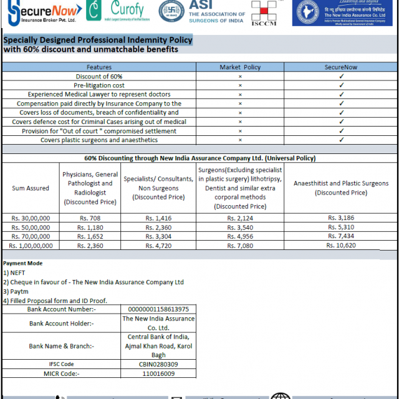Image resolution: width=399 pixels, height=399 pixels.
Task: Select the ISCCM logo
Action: click(264, 14)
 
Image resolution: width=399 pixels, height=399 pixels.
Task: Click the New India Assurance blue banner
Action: click(342, 12)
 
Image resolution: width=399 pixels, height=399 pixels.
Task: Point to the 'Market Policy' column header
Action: click(240, 67)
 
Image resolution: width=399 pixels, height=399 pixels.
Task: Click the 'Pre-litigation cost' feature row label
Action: click(99, 85)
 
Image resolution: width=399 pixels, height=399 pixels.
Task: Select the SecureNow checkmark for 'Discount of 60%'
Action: click(341, 76)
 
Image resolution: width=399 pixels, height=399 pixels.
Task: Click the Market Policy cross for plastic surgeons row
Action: click(240, 140)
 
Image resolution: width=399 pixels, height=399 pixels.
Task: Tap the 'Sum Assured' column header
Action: click(31, 188)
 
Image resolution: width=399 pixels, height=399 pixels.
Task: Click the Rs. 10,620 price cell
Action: click(341, 246)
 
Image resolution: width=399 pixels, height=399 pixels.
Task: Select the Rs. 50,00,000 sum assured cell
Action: click(31, 228)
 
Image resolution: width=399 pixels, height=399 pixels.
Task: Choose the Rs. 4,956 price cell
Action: click(240, 237)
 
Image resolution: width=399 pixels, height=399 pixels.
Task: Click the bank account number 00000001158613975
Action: click(158, 309)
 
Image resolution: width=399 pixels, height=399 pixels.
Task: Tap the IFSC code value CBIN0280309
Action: click(158, 364)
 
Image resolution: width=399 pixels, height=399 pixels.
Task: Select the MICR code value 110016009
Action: click(158, 373)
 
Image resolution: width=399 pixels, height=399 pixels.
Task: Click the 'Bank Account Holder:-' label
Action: click(61, 323)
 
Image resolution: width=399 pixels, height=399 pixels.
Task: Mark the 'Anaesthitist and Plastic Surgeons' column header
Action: click(341, 188)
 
